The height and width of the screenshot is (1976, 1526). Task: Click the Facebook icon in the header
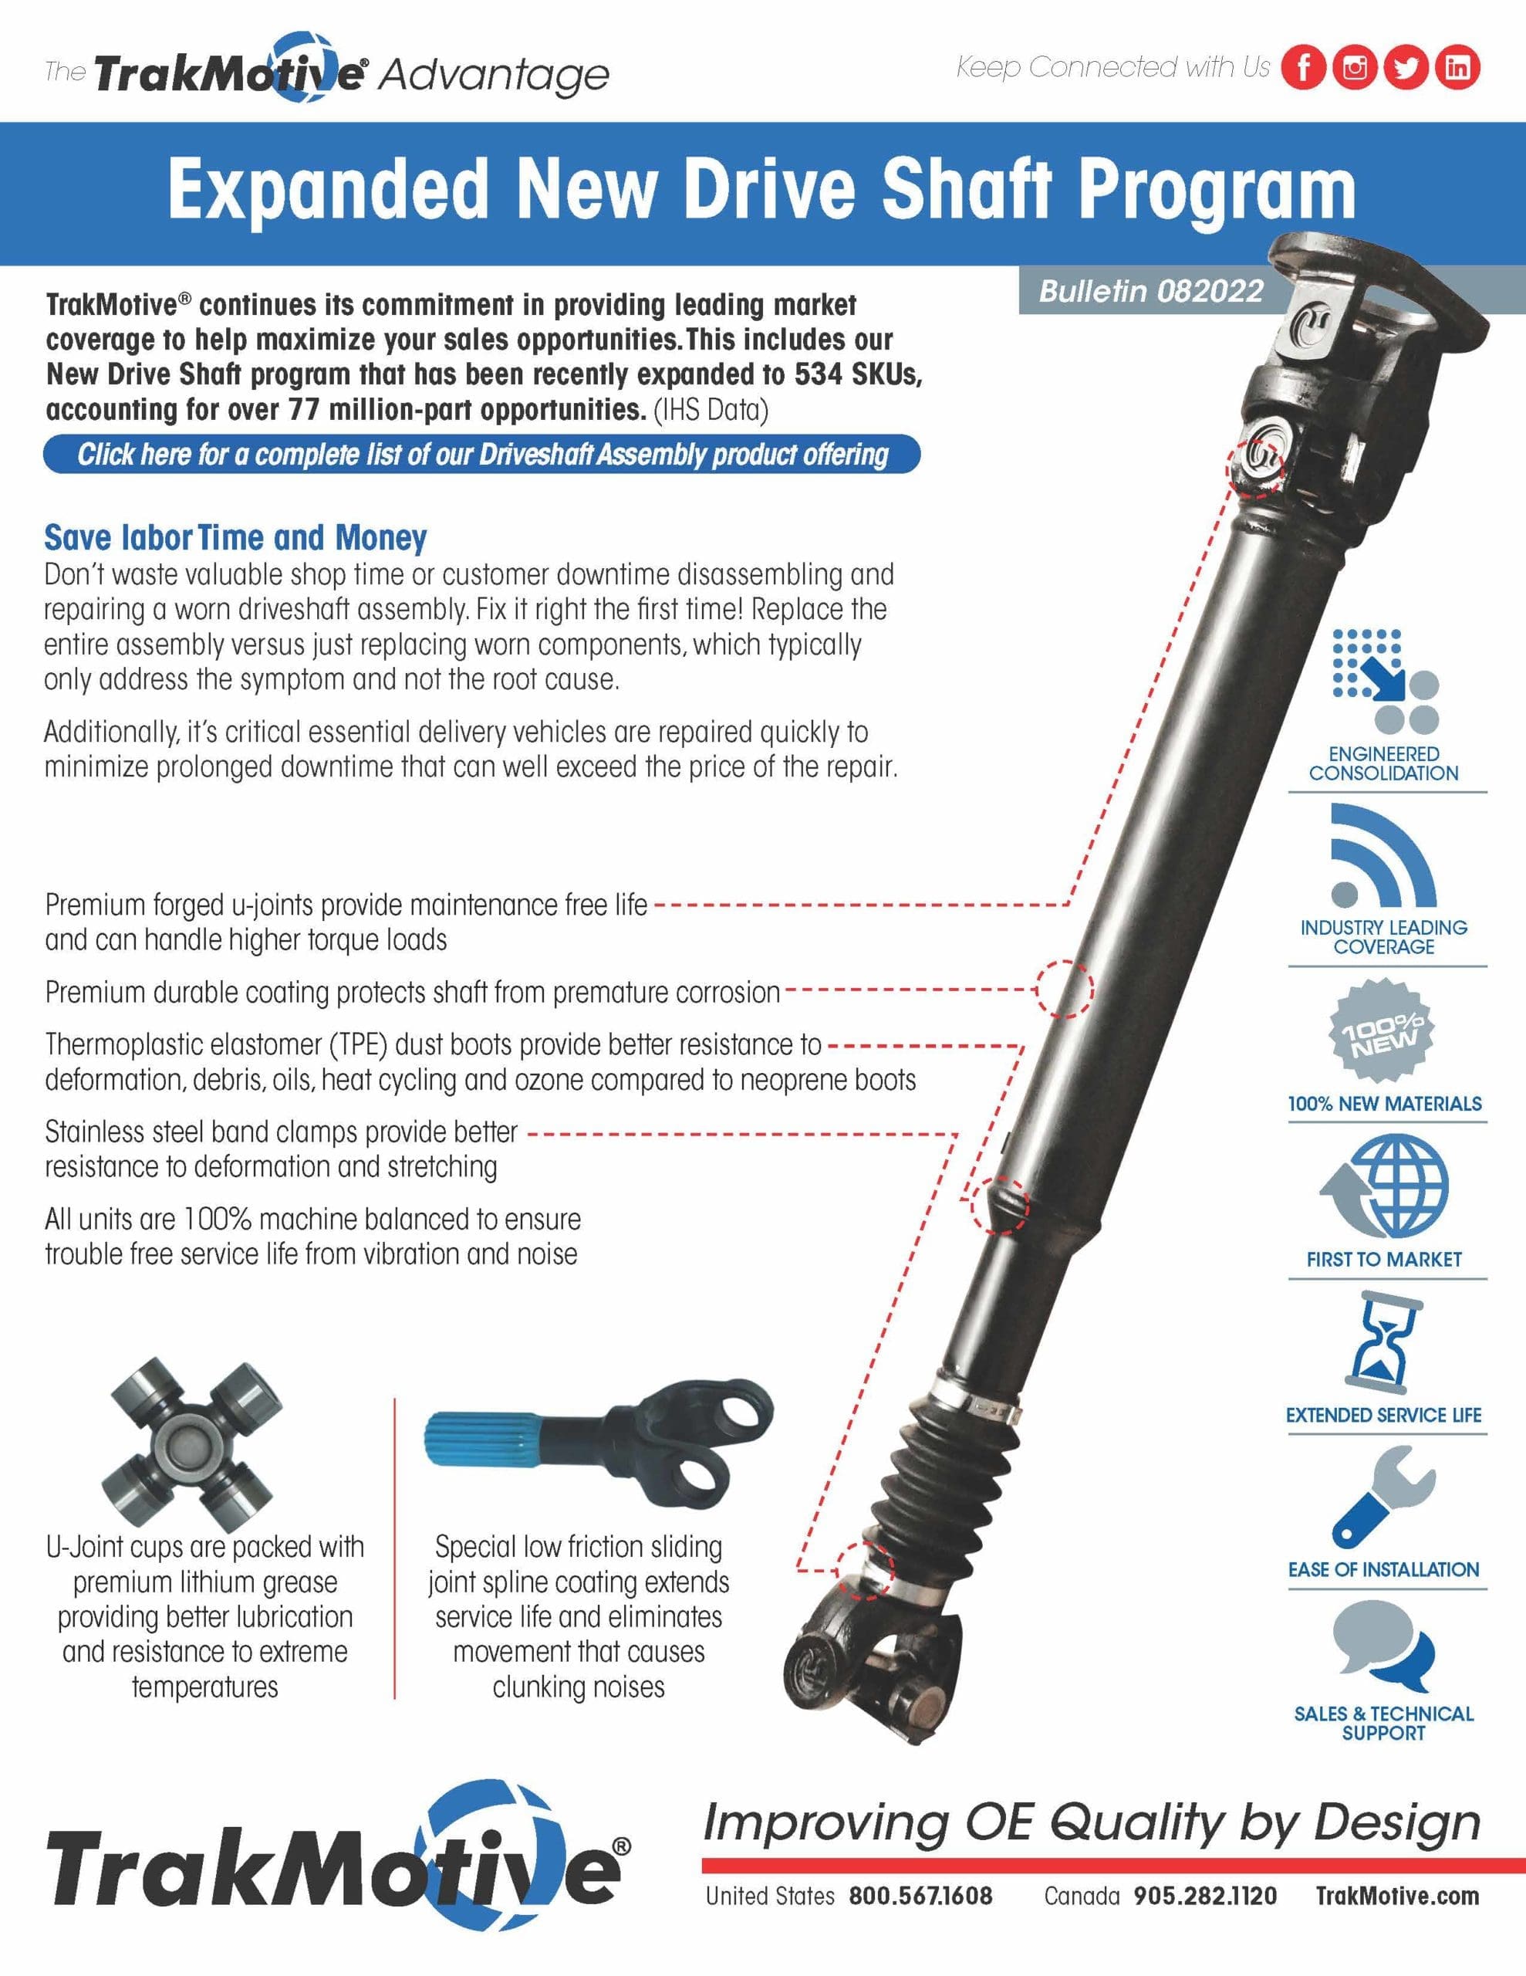[1304, 67]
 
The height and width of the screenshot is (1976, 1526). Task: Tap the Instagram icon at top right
[1354, 67]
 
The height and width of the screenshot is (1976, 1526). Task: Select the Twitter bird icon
[1405, 67]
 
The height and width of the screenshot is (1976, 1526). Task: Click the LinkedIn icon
[1457, 67]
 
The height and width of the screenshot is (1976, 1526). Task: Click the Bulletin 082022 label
[1150, 291]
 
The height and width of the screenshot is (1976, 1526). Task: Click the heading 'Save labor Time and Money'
[235, 537]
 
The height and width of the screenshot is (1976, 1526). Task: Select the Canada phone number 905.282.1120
[1205, 1896]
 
